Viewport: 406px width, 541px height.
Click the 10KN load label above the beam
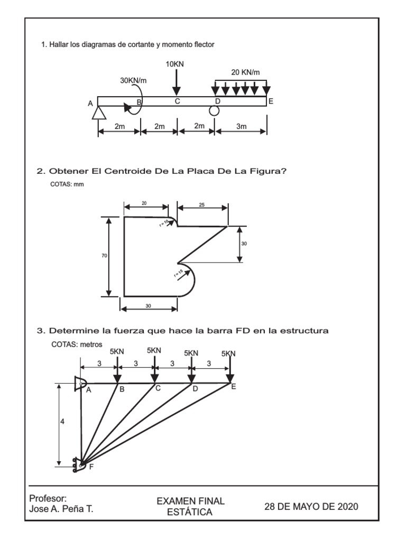[175, 64]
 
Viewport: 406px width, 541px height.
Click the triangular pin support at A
[99, 112]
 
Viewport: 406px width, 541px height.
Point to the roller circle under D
[214, 110]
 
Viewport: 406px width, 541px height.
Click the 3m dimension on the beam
[241, 126]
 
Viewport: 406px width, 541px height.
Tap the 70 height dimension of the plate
[104, 256]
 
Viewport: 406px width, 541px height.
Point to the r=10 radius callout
[164, 222]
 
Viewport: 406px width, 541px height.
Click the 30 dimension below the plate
[148, 305]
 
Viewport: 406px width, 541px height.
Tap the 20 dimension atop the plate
[145, 203]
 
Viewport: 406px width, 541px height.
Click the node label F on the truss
[91, 467]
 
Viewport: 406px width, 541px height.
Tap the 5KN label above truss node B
[117, 351]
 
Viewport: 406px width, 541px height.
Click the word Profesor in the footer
[47, 498]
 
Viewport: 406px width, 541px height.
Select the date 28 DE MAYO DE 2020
[311, 507]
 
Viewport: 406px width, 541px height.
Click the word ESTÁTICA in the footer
[194, 512]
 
